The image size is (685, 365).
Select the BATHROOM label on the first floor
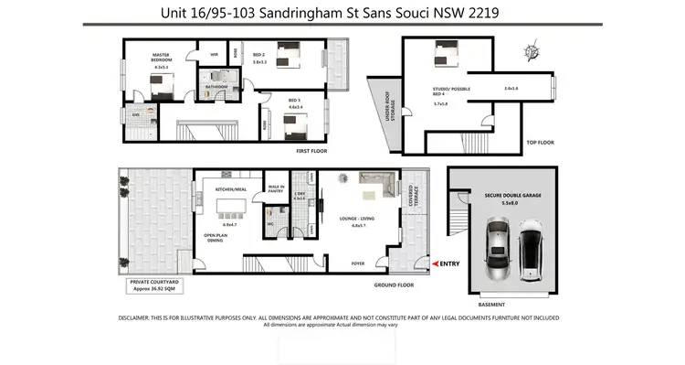[x=216, y=88]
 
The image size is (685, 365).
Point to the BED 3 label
[x=295, y=100]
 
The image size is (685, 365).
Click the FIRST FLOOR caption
[x=311, y=151]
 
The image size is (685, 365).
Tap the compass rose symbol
[x=532, y=51]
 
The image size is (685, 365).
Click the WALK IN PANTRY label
[x=276, y=188]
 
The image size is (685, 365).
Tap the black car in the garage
[x=531, y=254]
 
